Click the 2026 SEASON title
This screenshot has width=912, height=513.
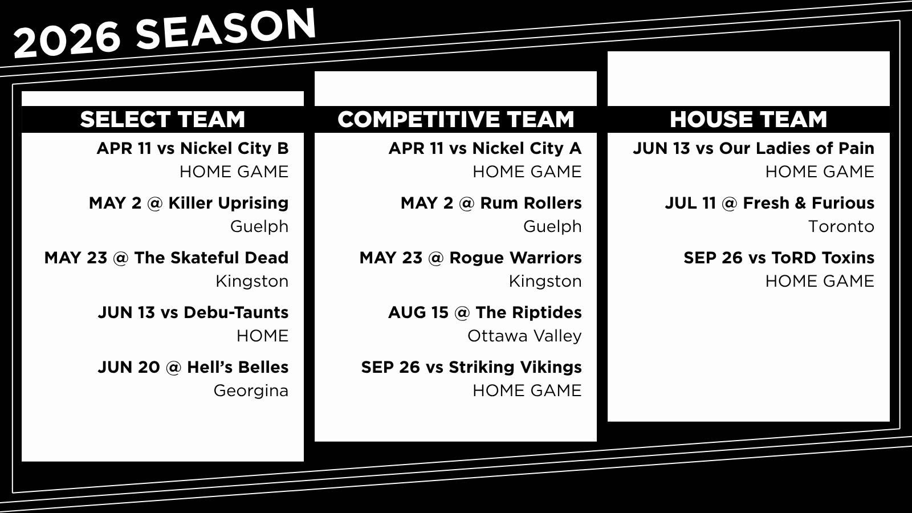(x=165, y=32)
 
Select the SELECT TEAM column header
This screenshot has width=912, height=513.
(x=162, y=119)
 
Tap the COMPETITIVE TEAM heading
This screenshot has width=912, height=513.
(x=455, y=119)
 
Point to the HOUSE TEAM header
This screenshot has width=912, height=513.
(x=748, y=119)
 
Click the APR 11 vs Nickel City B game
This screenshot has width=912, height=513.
(x=193, y=149)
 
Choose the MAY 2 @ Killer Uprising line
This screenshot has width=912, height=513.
(x=189, y=203)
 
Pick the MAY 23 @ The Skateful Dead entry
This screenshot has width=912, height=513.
(x=166, y=258)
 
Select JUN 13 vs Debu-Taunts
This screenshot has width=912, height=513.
(x=193, y=313)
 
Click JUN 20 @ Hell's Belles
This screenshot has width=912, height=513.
(x=193, y=367)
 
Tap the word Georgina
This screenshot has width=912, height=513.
(x=251, y=391)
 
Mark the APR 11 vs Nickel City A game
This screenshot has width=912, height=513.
(x=485, y=149)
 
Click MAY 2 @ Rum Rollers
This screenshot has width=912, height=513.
(x=491, y=203)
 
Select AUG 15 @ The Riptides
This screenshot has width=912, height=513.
(x=485, y=313)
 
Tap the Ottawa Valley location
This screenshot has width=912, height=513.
(x=524, y=336)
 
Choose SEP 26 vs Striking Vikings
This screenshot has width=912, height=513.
(x=471, y=368)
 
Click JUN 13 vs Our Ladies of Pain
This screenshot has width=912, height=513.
(x=754, y=149)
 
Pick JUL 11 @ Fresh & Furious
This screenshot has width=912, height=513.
(x=769, y=203)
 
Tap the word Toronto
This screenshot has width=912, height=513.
(x=841, y=226)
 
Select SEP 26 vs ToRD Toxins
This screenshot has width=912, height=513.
(x=779, y=258)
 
